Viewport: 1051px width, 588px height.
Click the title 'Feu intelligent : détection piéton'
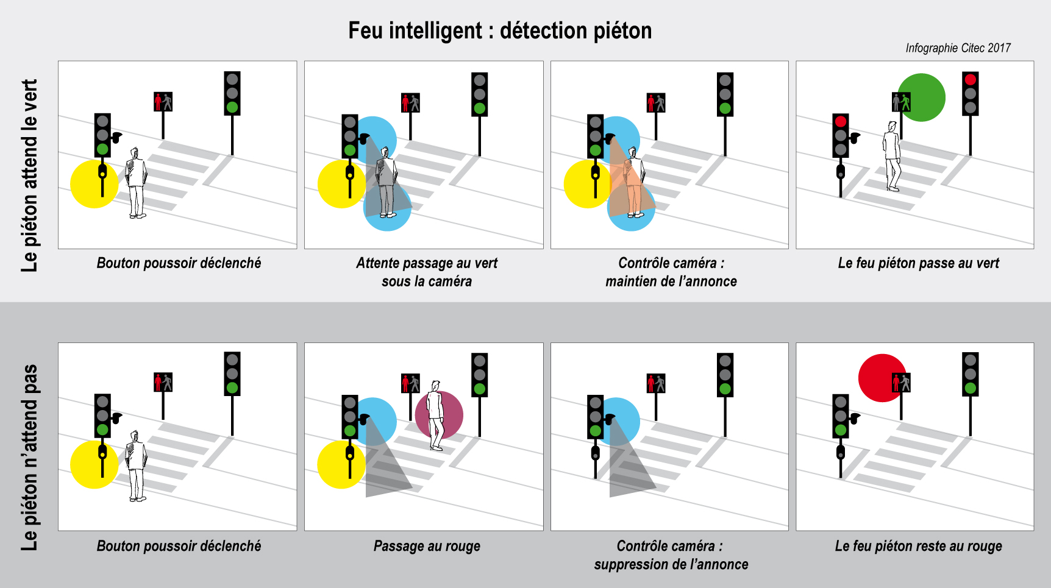coord(500,30)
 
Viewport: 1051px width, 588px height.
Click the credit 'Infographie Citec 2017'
coord(958,48)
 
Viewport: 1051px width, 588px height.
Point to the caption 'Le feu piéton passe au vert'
coord(918,263)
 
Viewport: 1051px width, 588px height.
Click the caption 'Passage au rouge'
coord(427,546)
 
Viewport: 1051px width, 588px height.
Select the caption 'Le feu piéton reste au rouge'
coord(918,546)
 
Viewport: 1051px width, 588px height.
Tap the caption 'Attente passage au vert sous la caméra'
coord(427,272)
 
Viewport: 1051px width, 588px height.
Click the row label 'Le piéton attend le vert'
coord(29,175)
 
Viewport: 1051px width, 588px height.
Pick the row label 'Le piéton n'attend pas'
coord(29,458)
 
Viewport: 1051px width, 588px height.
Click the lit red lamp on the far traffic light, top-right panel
coord(971,79)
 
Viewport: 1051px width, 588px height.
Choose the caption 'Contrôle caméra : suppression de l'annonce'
coord(671,554)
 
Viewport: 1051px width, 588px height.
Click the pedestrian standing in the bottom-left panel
coord(136,466)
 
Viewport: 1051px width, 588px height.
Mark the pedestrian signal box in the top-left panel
coord(163,102)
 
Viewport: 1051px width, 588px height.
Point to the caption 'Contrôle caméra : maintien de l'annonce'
coord(671,272)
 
